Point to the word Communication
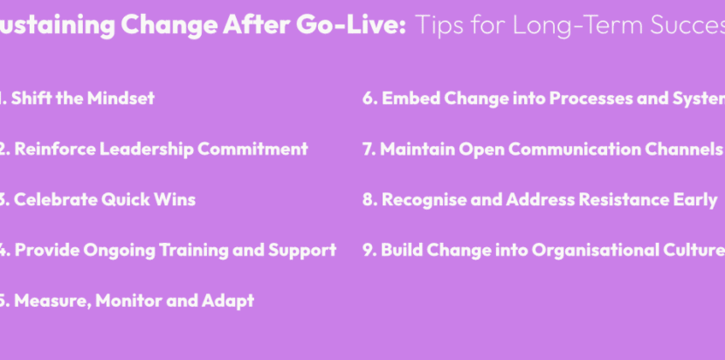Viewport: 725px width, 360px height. tap(563, 149)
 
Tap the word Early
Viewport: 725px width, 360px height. tap(694, 199)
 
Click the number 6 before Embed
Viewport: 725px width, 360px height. tap(368, 98)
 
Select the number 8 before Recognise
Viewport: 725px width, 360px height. tap(368, 199)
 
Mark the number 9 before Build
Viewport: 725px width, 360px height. tap(368, 250)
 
